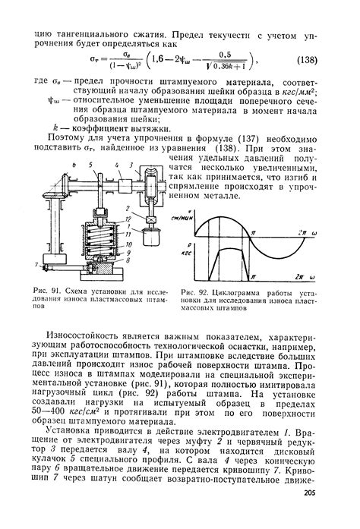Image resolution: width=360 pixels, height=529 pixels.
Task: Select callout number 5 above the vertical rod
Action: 90,164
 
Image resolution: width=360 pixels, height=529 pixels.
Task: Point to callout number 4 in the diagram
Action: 112,164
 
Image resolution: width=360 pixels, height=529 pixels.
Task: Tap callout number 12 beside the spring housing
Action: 130,225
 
